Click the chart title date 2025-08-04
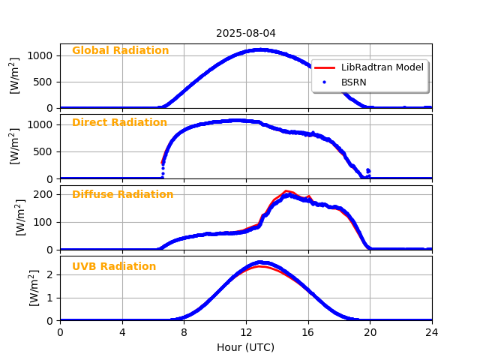[x=246, y=33]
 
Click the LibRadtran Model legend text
[x=382, y=67]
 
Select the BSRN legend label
[x=354, y=82]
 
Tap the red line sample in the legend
[x=324, y=67]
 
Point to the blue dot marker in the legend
[x=324, y=82]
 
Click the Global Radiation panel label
[x=120, y=51]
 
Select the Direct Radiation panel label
[x=119, y=123]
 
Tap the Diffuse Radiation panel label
[x=122, y=195]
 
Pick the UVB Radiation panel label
[x=114, y=267]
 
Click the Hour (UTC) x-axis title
[x=246, y=347]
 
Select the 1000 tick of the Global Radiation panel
[x=42, y=55]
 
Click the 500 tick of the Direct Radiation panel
[x=45, y=151]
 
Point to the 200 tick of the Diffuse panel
[x=45, y=194]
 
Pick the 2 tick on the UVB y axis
[x=51, y=274]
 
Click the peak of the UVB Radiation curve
[x=259, y=262]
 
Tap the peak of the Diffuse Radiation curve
[x=287, y=192]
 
